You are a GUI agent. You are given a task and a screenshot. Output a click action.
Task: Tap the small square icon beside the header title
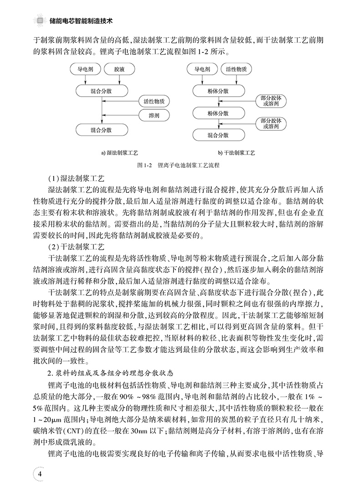click(x=40, y=21)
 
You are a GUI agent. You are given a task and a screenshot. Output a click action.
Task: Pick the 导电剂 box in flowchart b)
click(x=202, y=70)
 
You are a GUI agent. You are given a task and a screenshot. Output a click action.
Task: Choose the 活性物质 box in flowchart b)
click(x=236, y=70)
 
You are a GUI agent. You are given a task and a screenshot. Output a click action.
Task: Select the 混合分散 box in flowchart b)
click(x=218, y=135)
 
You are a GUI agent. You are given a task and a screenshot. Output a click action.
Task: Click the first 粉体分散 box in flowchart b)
click(x=218, y=91)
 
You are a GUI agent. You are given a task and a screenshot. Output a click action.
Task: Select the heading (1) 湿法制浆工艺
click(x=77, y=178)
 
